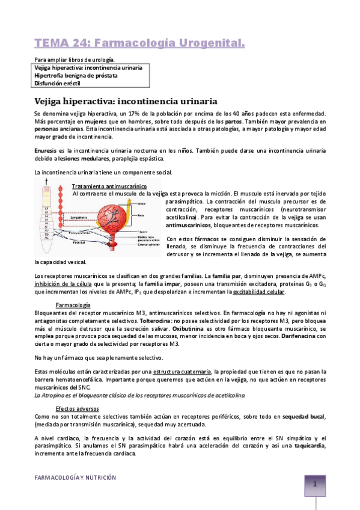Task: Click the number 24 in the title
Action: click(x=88, y=43)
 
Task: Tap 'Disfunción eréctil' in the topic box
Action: click(x=59, y=84)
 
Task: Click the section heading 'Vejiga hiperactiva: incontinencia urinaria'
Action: click(x=126, y=100)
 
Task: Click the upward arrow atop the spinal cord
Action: click(x=47, y=188)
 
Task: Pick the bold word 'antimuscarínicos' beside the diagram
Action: click(x=189, y=225)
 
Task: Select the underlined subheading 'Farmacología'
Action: click(x=73, y=305)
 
